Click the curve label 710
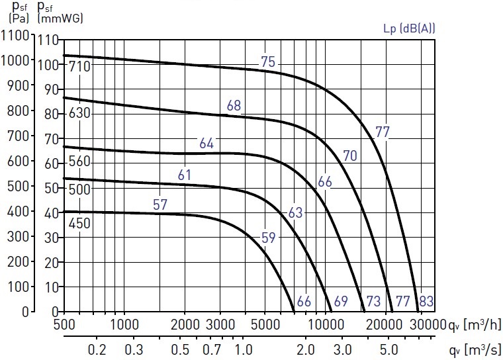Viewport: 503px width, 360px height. (x=80, y=66)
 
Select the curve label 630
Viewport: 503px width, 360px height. (x=80, y=113)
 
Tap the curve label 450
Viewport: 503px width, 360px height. (x=80, y=223)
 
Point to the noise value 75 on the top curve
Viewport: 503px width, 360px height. (x=268, y=62)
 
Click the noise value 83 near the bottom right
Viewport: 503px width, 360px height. (x=426, y=301)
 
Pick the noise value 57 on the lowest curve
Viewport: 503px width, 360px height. (x=160, y=204)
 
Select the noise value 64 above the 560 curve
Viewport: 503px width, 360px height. (x=206, y=144)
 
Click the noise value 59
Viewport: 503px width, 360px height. (x=269, y=238)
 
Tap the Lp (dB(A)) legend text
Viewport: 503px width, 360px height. (x=409, y=28)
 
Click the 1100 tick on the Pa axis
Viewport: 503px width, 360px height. (x=15, y=35)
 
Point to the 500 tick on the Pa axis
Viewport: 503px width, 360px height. (x=19, y=186)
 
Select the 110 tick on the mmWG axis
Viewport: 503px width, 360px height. (x=48, y=40)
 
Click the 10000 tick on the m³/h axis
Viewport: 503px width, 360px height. (x=326, y=325)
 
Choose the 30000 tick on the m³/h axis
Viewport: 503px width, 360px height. (x=428, y=325)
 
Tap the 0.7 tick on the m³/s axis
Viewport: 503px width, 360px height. (x=212, y=349)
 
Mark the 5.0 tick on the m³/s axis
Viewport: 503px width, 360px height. (x=389, y=349)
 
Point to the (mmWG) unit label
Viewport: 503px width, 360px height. (x=60, y=18)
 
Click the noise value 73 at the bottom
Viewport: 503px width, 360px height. (x=373, y=301)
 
